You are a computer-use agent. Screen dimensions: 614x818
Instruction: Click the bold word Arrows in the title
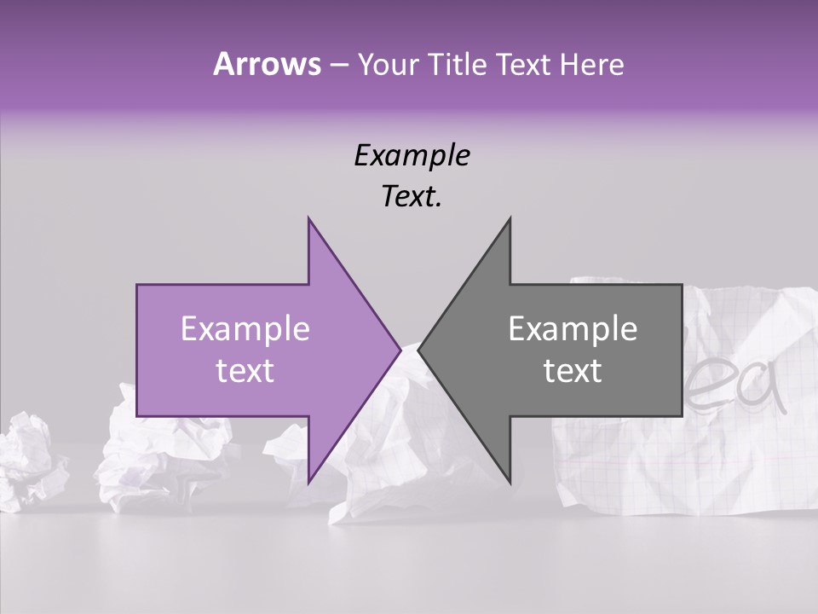click(x=267, y=64)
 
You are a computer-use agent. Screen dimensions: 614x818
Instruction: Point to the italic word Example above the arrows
click(x=412, y=155)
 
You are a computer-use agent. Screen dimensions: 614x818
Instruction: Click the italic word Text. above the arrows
click(x=412, y=196)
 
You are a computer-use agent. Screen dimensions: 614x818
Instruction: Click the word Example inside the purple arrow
click(x=245, y=329)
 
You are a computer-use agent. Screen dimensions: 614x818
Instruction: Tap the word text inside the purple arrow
click(x=245, y=370)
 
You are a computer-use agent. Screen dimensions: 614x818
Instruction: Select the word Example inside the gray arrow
click(x=573, y=329)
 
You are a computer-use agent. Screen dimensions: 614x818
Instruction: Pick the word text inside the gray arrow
click(x=573, y=370)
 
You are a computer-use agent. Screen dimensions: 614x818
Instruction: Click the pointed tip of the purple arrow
click(x=400, y=350)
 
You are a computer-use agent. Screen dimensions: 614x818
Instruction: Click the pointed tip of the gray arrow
click(x=419, y=350)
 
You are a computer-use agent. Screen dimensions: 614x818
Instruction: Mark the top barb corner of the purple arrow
click(x=308, y=219)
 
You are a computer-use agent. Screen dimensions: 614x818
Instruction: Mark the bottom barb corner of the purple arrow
click(x=308, y=482)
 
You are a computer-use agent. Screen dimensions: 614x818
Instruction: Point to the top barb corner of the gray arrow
click(x=510, y=219)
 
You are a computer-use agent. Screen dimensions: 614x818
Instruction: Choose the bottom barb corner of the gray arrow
click(x=510, y=482)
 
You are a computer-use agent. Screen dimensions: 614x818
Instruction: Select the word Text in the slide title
click(x=526, y=64)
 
